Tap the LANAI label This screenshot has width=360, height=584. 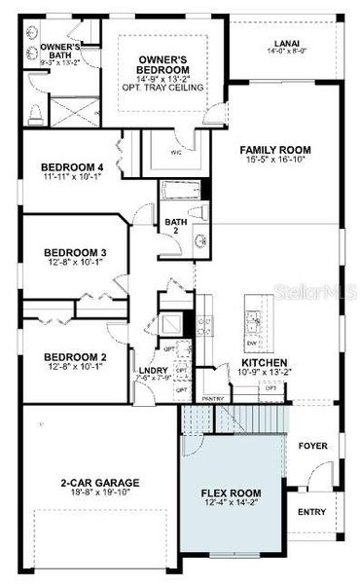tap(286, 43)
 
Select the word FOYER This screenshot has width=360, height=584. tap(313, 446)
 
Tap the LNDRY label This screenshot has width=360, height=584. tap(154, 370)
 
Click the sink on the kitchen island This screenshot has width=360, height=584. tap(253, 317)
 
